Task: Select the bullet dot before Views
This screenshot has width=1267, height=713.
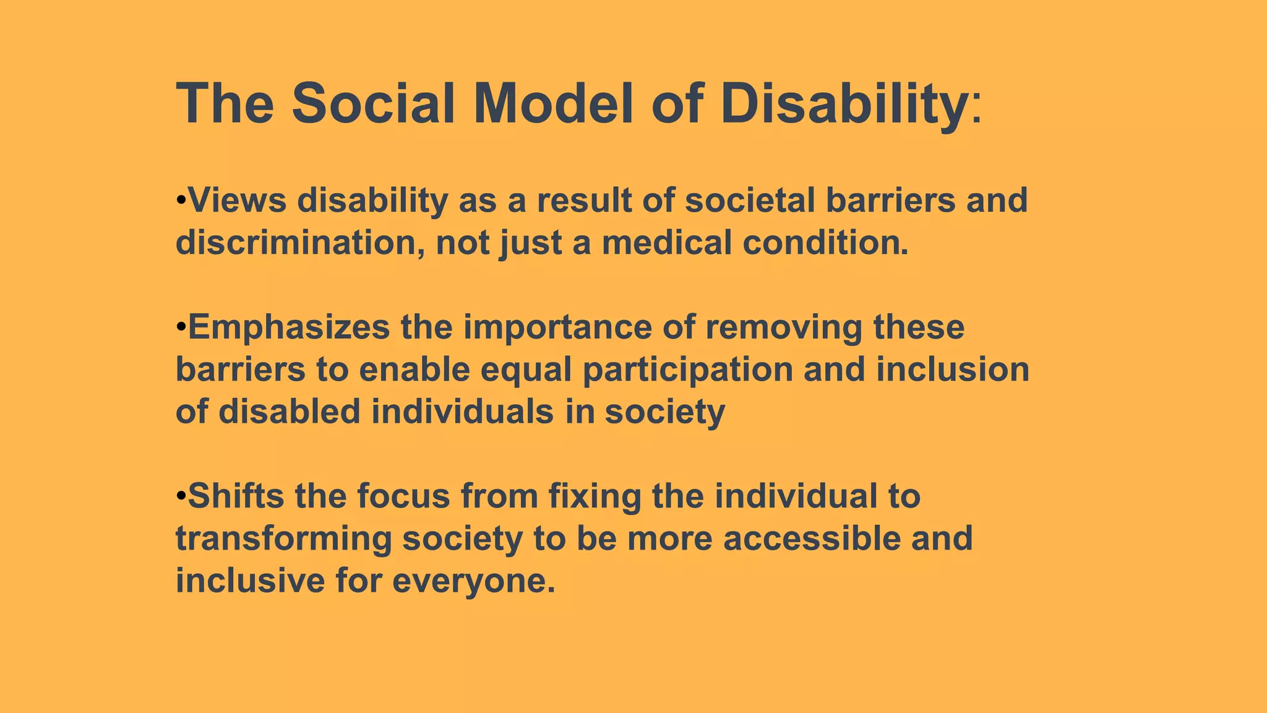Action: pos(181,201)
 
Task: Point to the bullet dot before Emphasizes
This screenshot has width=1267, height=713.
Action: pos(181,328)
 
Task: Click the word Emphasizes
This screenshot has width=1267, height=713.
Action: pos(288,328)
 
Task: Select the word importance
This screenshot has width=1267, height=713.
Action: pos(557,328)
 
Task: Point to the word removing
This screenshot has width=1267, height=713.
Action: pos(783,328)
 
